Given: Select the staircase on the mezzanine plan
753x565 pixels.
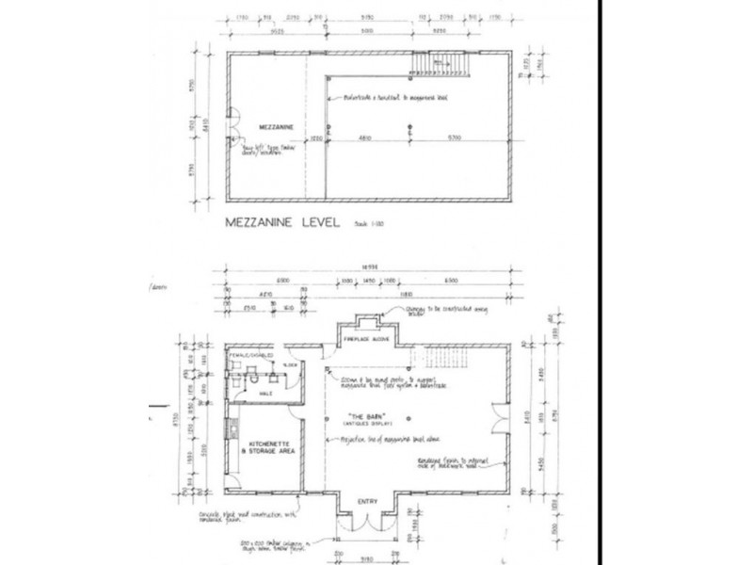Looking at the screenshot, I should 441,63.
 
